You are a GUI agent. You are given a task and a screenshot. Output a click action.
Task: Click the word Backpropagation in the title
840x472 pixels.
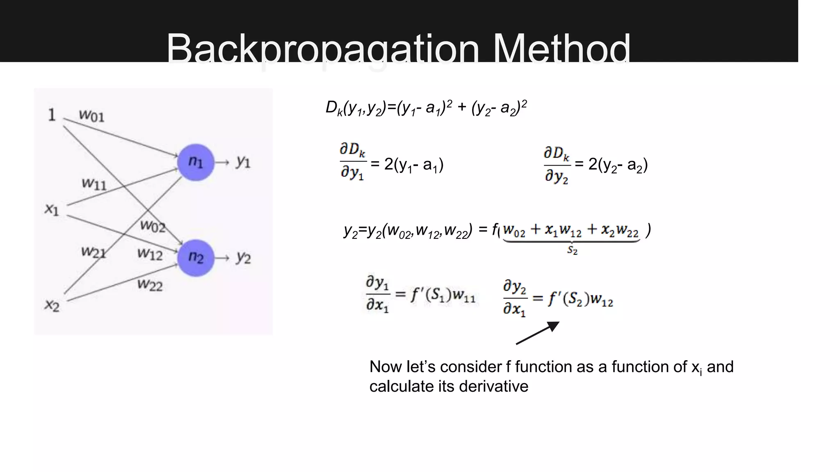coord(322,49)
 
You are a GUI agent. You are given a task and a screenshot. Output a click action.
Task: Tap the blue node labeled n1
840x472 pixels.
coord(196,162)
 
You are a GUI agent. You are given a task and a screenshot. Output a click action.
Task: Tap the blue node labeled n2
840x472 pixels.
coord(196,258)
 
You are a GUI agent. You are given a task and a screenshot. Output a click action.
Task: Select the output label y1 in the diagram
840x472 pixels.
coord(243,162)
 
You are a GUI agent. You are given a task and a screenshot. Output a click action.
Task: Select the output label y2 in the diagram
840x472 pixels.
coord(243,258)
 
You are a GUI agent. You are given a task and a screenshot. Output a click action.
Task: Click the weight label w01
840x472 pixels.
coord(91,116)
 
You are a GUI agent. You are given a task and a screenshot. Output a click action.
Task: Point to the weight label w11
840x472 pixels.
coord(94,184)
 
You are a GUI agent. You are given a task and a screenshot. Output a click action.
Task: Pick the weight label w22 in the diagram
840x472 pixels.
coord(150,284)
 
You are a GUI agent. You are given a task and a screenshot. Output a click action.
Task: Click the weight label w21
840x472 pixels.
coord(94,252)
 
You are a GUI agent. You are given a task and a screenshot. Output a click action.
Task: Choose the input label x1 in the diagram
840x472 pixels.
coord(52,209)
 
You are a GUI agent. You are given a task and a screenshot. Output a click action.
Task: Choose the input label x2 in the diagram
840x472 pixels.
coord(52,305)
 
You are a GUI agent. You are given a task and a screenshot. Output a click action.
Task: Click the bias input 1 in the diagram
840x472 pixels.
coord(52,115)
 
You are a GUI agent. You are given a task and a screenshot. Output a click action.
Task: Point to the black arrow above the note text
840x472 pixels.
coord(538,333)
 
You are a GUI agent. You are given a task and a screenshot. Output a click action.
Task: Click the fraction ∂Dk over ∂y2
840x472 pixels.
coord(557,165)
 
